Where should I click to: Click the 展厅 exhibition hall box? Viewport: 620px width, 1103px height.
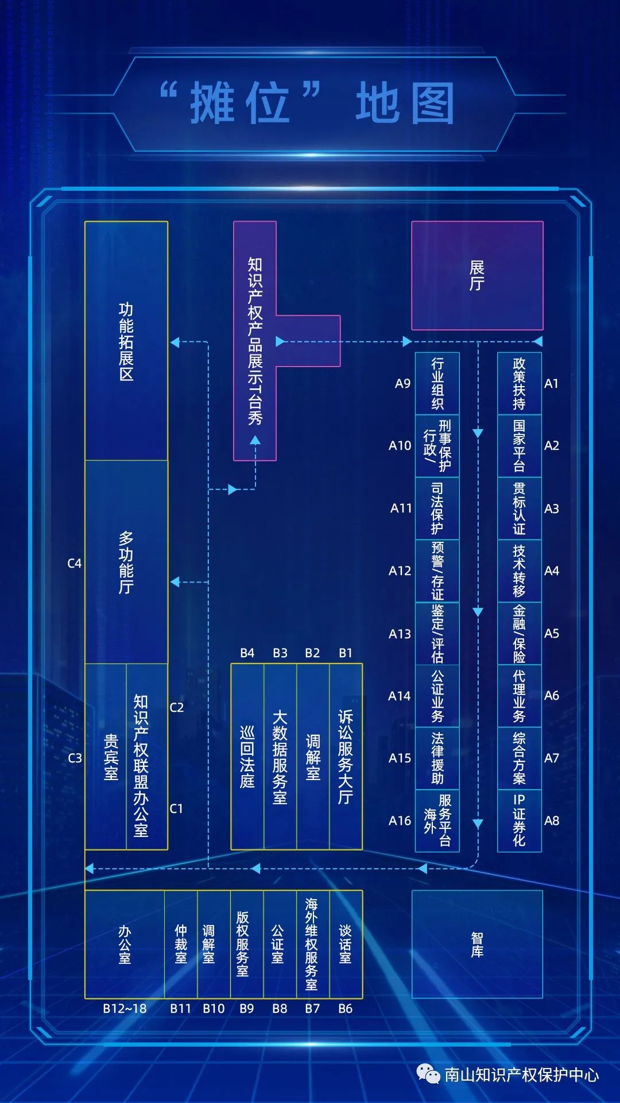click(x=477, y=276)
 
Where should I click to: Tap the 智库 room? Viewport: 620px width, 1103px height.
click(x=477, y=944)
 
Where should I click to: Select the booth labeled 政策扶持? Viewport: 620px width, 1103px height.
click(x=519, y=383)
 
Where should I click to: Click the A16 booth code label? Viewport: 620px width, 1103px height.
click(x=400, y=820)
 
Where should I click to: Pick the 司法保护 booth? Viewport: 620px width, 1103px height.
click(x=437, y=508)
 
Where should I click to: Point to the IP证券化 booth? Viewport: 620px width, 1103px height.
click(x=519, y=820)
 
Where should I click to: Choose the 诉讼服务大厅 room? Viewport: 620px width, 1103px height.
click(x=346, y=757)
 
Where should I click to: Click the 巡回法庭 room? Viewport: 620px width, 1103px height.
click(x=247, y=757)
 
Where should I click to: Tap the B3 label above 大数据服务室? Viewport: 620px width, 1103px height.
click(x=280, y=653)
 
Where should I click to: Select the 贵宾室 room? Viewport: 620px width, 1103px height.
click(x=111, y=757)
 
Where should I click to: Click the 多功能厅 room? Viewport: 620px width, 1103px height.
click(x=126, y=562)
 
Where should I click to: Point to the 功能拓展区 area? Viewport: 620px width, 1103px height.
click(x=126, y=341)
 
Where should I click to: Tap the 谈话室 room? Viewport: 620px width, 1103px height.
click(x=346, y=944)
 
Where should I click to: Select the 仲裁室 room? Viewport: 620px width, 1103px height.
click(x=181, y=944)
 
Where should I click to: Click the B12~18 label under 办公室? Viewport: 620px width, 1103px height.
click(x=125, y=1009)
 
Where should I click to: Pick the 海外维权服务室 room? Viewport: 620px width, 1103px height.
click(x=312, y=944)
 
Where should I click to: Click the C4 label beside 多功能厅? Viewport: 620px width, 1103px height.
click(x=75, y=564)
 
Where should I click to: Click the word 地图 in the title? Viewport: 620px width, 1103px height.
click(x=405, y=103)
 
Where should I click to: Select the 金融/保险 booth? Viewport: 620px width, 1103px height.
click(x=519, y=633)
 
